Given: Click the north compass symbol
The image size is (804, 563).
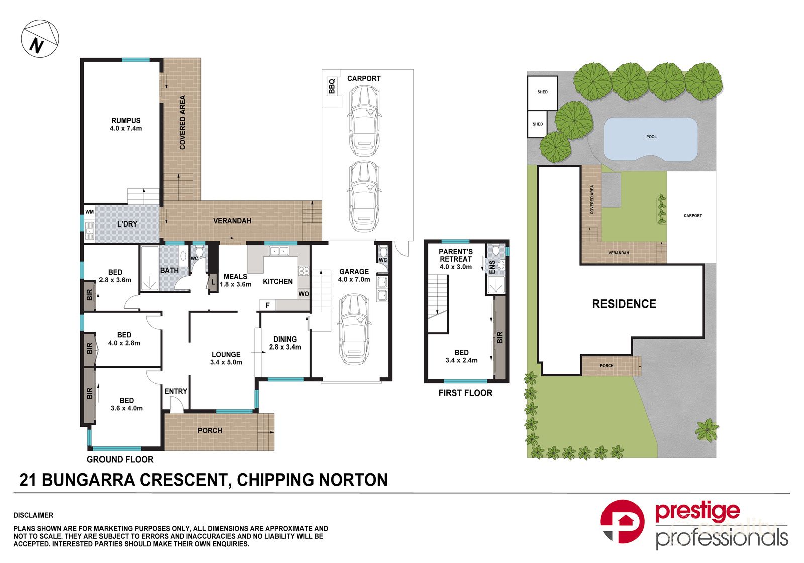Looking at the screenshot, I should tap(40, 40).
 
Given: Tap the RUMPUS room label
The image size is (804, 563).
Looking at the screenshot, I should tap(126, 120).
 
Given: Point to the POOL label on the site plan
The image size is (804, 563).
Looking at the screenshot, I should tap(651, 137).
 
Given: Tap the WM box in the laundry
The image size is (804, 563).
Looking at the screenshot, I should tap(89, 212).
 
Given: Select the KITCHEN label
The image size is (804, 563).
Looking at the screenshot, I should tap(278, 282).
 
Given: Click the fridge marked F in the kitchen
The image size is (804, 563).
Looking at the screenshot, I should tap(267, 305).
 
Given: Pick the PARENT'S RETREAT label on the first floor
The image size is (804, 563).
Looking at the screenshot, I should tap(456, 255).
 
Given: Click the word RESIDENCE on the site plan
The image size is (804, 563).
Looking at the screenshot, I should tap(624, 304).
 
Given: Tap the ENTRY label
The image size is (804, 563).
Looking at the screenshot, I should tap(176, 391).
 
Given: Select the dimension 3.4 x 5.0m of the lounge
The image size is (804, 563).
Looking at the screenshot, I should tap(226, 362).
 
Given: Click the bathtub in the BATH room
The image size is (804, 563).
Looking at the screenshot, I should tap(149, 269).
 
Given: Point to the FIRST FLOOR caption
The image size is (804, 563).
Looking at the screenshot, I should tap(465, 393).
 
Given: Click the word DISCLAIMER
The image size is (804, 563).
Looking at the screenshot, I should tap(33, 515).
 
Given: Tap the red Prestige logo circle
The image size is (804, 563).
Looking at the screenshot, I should tap(622, 521).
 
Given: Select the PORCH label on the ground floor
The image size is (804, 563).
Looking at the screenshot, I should tap(210, 430).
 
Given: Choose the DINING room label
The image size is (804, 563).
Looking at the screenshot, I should tap(285, 339).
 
